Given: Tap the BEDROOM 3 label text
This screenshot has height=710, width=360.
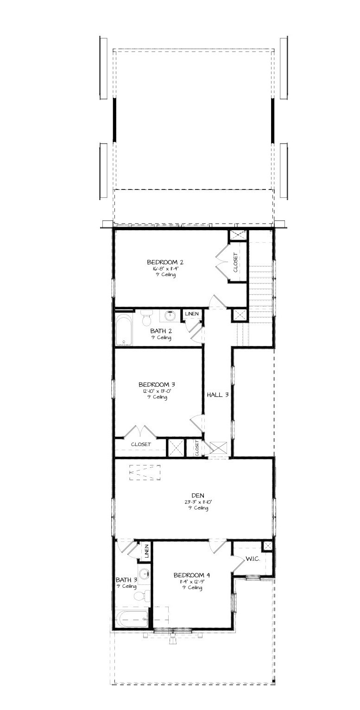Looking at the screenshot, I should [x=156, y=384].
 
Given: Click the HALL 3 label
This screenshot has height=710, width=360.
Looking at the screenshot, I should [x=218, y=395].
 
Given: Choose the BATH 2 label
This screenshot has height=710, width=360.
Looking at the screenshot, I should [x=161, y=331].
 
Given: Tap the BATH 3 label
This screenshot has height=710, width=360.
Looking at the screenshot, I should [x=126, y=579].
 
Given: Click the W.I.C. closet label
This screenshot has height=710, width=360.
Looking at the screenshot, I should [x=253, y=559].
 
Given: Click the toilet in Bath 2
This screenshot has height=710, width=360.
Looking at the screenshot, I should [x=146, y=318].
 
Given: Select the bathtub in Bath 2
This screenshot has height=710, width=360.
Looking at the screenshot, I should [x=124, y=330].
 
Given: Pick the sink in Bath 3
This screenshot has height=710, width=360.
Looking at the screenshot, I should [x=145, y=573].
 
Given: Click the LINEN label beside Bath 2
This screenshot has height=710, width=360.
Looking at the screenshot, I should [x=192, y=314].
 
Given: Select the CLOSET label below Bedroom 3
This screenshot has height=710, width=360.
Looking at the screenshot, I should [x=140, y=444].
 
